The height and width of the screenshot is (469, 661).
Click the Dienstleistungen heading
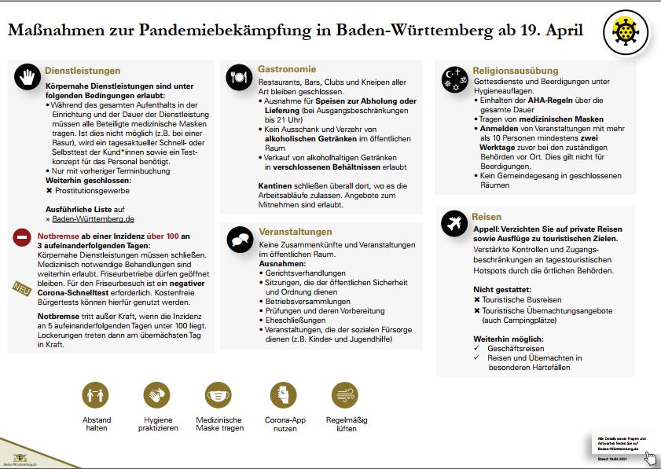[x=83, y=70]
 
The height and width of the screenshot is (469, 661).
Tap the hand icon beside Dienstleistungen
[x=28, y=77]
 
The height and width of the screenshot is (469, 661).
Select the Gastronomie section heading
[x=287, y=69]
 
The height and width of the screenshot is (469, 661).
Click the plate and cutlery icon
[x=239, y=77]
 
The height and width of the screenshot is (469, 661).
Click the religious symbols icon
[x=456, y=77]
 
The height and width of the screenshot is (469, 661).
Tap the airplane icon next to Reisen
[x=456, y=223]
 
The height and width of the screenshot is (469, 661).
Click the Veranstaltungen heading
[x=295, y=232]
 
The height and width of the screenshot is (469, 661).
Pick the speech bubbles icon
[x=239, y=240]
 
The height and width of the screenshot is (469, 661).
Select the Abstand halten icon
[x=97, y=395]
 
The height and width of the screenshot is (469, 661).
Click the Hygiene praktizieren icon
[x=157, y=395]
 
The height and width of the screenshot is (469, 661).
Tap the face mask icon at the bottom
[x=218, y=395]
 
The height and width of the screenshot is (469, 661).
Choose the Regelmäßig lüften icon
[x=346, y=395]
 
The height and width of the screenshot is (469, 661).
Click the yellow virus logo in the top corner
[x=626, y=32]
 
